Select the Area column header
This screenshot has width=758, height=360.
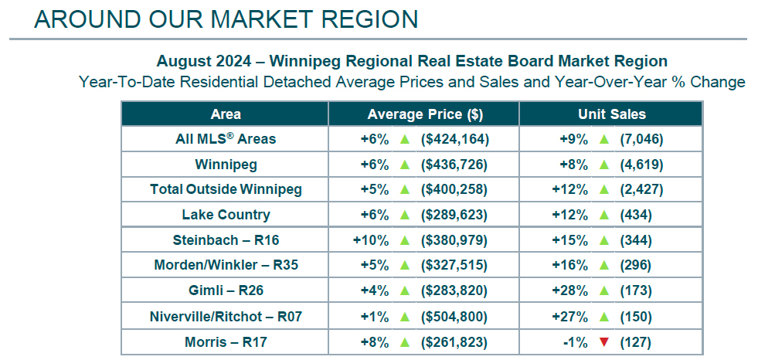pos(226,114)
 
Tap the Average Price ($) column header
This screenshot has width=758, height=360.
pos(425,114)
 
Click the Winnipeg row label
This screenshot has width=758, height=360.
pos(226,165)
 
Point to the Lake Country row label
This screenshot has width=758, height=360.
pos(226,215)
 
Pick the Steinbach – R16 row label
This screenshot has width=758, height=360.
pos(226,240)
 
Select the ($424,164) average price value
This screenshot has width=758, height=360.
pos(456,140)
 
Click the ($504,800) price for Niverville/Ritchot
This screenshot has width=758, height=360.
pos(456,317)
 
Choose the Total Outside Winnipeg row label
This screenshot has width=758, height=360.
pos(226,190)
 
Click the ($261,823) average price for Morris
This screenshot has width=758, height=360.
pos(456,342)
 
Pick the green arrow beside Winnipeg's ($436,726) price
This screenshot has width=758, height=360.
pos(403,165)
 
